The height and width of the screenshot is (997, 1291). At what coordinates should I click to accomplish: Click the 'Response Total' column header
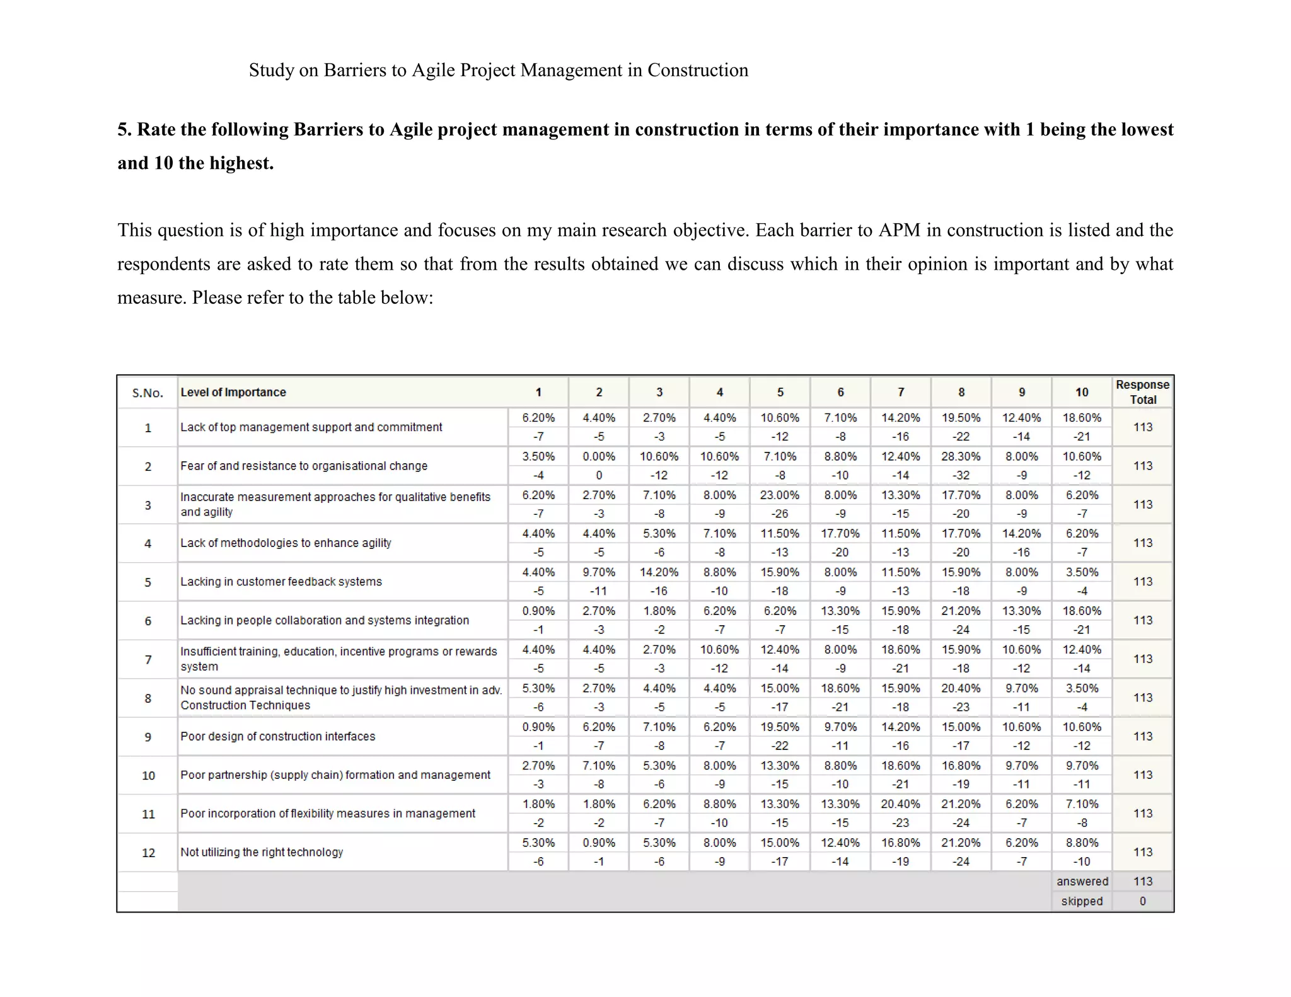click(1142, 392)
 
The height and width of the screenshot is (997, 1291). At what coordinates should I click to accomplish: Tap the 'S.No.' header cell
click(148, 393)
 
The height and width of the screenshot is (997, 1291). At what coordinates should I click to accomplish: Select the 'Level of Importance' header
click(233, 392)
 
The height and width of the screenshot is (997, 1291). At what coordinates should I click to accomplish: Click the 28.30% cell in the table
click(961, 456)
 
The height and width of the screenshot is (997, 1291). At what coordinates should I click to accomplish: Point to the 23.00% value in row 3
click(779, 495)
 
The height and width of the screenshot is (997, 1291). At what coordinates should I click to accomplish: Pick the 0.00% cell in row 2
click(598, 456)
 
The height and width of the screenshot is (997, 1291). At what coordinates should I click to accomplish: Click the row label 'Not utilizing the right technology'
click(262, 852)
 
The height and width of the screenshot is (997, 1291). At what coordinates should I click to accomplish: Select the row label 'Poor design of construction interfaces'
click(277, 736)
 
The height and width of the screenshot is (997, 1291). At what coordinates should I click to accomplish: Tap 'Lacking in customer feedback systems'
click(281, 582)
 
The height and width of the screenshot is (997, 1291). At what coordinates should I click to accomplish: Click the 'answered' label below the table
click(1082, 882)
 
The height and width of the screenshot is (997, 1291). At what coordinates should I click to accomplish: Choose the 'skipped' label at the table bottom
click(1082, 901)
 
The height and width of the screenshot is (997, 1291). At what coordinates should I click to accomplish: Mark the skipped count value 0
click(1142, 901)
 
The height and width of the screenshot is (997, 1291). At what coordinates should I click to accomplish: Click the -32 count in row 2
click(961, 475)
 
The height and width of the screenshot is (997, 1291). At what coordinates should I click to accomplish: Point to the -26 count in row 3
click(779, 514)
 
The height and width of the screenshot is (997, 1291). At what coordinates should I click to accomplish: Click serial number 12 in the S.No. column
click(148, 853)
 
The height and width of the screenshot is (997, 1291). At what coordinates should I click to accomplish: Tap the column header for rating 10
click(1082, 392)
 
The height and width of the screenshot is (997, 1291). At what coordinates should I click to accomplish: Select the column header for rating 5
click(780, 392)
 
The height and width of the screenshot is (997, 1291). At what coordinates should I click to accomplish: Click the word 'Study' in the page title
click(271, 70)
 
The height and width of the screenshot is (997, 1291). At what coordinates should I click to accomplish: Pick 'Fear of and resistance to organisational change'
click(304, 466)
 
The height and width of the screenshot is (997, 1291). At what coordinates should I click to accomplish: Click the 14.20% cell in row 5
click(659, 572)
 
